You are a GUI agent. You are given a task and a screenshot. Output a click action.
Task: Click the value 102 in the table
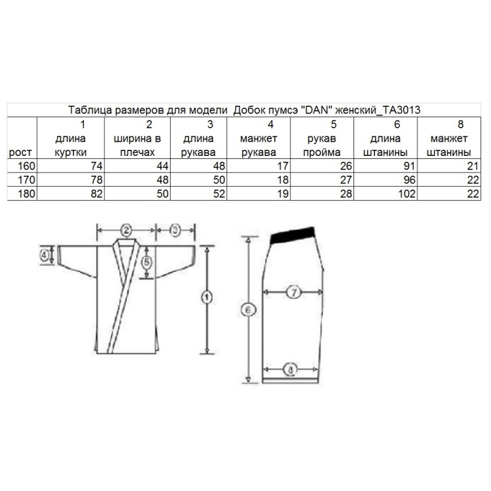point(407,194)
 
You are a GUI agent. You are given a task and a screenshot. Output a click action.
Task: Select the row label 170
point(26,180)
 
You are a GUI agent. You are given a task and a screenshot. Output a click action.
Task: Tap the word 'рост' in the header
point(20,153)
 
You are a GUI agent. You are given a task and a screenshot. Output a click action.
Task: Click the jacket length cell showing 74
point(97,166)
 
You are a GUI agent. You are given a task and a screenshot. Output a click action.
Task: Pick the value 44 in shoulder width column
point(163,166)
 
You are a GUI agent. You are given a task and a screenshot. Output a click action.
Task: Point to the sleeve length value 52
point(219,194)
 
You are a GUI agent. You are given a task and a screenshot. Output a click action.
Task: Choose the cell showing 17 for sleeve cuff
point(283,166)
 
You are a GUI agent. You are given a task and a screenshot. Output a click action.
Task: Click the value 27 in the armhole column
point(346,180)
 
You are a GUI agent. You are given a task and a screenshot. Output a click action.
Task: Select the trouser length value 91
point(409,166)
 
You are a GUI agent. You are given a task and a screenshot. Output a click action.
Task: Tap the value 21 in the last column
point(473,166)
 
